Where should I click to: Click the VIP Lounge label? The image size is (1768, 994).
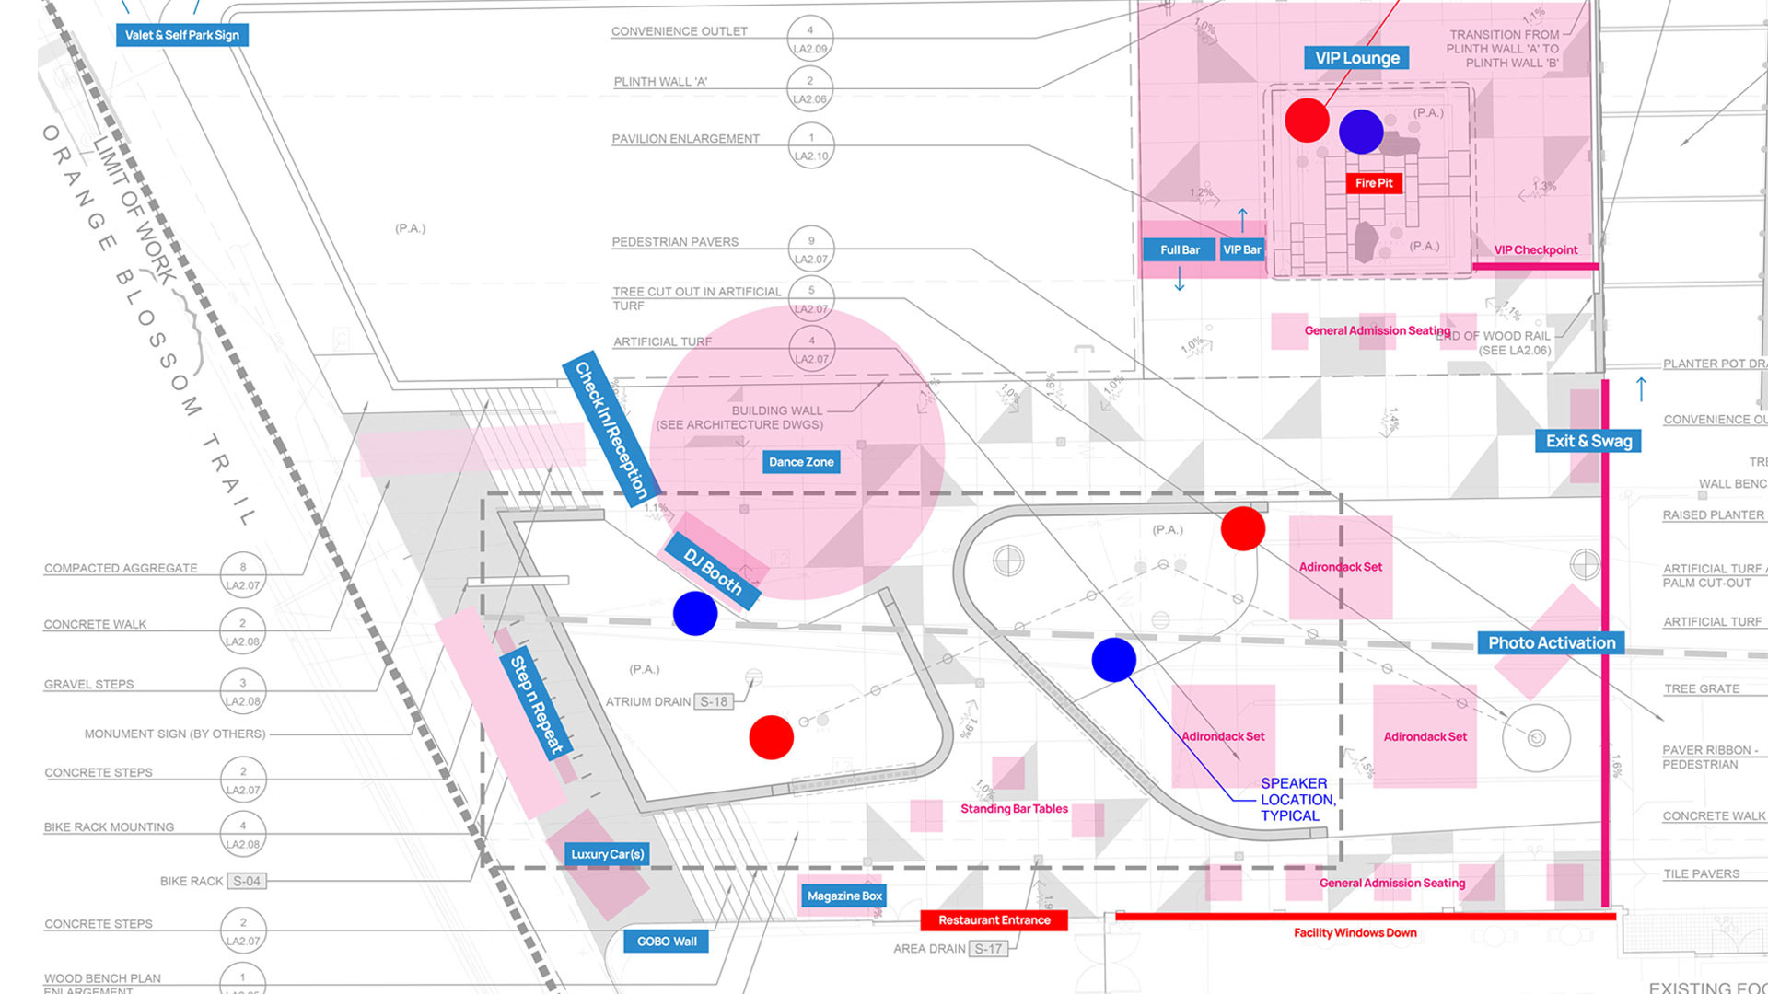(x=1356, y=58)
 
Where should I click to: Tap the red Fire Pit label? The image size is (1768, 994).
(x=1374, y=183)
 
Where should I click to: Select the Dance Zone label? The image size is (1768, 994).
(x=801, y=462)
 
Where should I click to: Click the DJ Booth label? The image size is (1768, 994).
(x=713, y=571)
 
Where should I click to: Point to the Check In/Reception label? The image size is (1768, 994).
(x=611, y=429)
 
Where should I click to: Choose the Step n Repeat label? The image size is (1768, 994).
(x=537, y=704)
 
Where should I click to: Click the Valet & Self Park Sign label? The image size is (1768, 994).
(x=182, y=35)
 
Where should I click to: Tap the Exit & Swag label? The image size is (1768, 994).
(x=1588, y=441)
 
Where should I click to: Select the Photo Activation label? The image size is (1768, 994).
(x=1552, y=643)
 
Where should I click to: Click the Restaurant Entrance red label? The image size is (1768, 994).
(x=994, y=920)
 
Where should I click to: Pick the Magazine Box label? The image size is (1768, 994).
(x=844, y=896)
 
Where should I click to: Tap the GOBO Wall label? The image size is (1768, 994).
(x=667, y=942)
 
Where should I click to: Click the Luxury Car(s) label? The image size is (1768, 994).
(x=607, y=854)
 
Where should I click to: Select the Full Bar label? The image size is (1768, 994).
(x=1180, y=249)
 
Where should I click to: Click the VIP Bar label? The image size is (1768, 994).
(x=1242, y=249)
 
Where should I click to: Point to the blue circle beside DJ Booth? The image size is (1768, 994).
(x=695, y=613)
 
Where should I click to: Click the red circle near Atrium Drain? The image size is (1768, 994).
(x=772, y=737)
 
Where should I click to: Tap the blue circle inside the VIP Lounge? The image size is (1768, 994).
(x=1361, y=132)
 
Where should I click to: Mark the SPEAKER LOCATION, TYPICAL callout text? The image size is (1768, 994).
(x=1297, y=799)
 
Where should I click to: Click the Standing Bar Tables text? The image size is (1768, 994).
(x=1014, y=809)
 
